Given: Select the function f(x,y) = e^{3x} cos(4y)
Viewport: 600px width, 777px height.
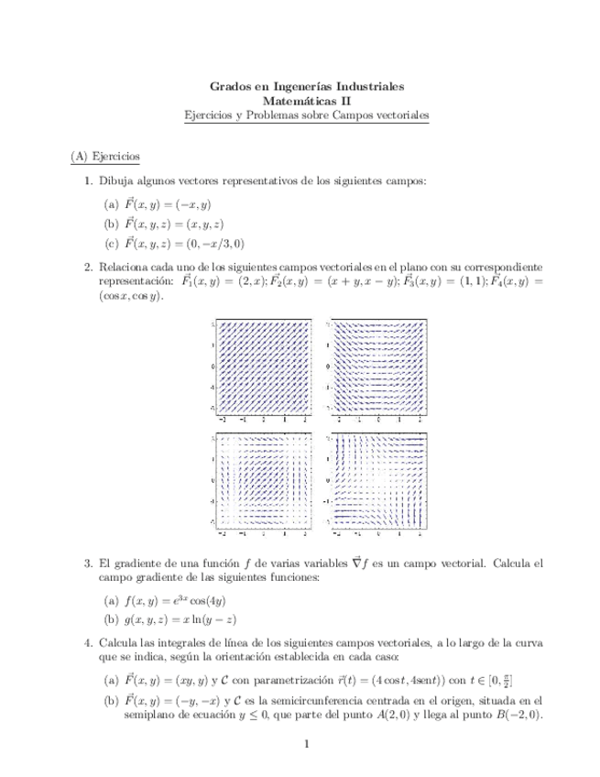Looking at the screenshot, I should [x=181, y=601].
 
